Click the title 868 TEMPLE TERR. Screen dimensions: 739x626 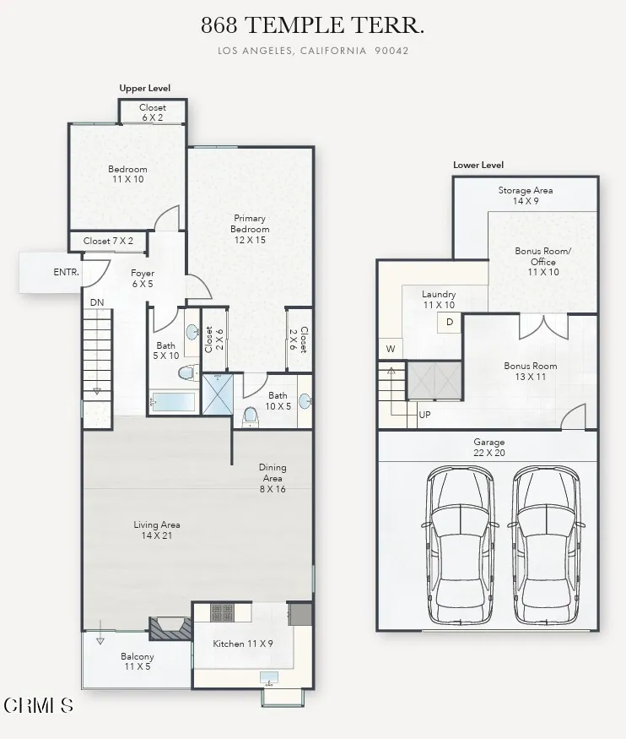[x=312, y=25]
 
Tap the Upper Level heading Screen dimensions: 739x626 [x=144, y=88]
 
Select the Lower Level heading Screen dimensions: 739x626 [x=478, y=165]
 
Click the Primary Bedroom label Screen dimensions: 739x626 [x=251, y=229]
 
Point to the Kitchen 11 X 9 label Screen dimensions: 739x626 [x=243, y=644]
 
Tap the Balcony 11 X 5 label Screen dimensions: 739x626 [x=137, y=661]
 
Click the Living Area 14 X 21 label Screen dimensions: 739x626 [x=157, y=530]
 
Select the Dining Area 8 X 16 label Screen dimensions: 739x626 [x=273, y=477]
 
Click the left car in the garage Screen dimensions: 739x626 [x=460, y=541]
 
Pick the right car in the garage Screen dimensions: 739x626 [x=548, y=541]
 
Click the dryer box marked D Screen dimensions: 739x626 [x=449, y=322]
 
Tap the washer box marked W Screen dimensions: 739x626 [x=391, y=349]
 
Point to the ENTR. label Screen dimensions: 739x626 [x=66, y=272]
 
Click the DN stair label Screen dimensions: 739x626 [x=96, y=302]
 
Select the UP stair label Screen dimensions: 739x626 [x=424, y=415]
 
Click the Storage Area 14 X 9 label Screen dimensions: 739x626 [x=525, y=196]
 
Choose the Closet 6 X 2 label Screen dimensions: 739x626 [x=153, y=112]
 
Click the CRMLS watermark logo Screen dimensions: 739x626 [x=39, y=704]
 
